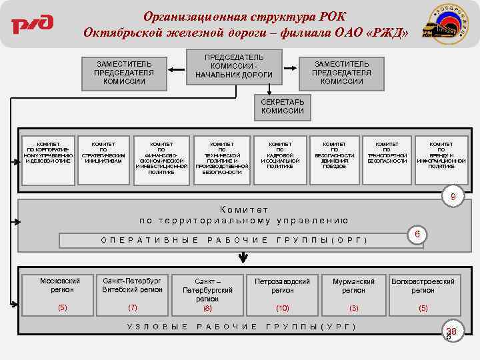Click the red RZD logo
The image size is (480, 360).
pos(31,24)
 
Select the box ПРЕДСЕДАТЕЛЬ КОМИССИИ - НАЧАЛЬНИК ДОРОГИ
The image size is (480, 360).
pos(233,65)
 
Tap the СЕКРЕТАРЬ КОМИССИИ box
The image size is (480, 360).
pos(283,107)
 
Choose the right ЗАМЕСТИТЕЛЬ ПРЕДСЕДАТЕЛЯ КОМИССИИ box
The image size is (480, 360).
pos(341,72)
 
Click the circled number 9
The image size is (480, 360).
pos(453,197)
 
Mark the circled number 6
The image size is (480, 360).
pos(416,235)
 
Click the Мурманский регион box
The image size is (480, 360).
pos(353,293)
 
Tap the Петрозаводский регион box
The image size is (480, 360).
pos(282,293)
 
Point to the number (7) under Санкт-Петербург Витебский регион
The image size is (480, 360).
pos(132,307)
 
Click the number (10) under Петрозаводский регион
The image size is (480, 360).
pos(283,308)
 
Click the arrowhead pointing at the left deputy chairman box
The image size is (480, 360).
pos(170,68)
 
